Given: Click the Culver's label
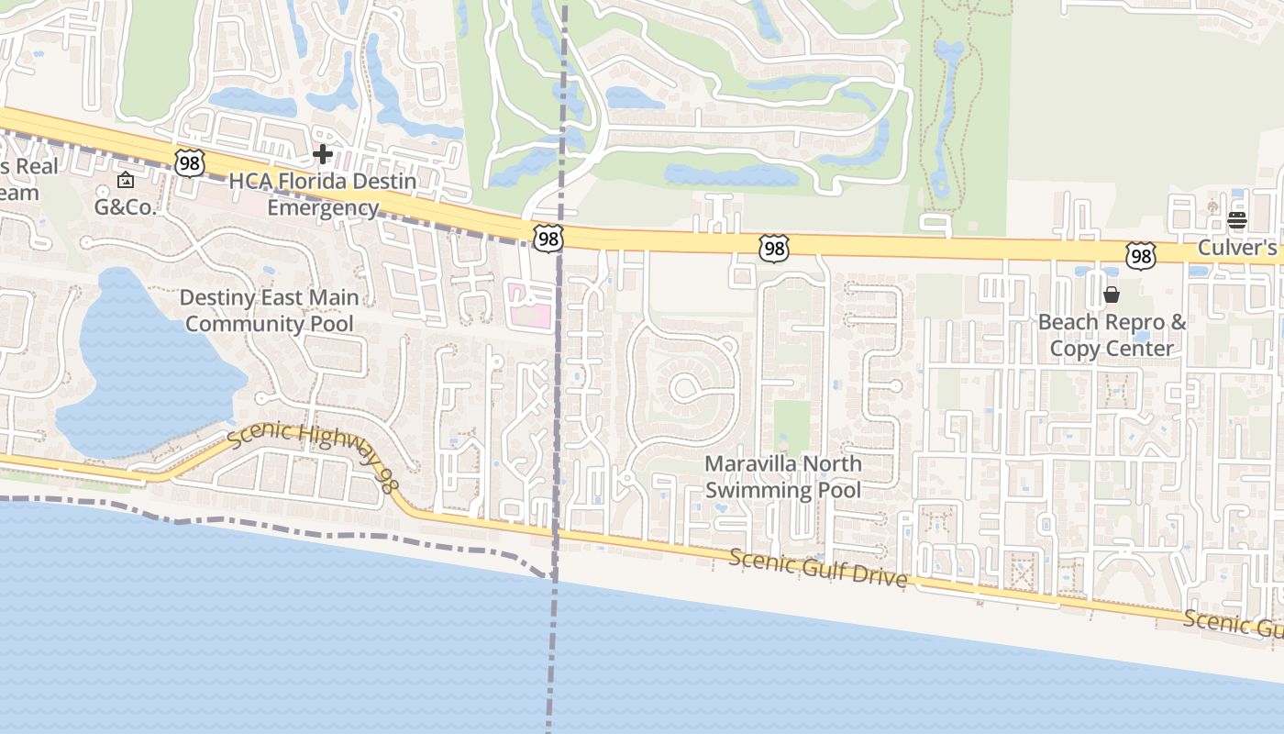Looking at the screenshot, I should [x=1237, y=248].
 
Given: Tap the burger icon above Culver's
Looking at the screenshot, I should [x=1237, y=220].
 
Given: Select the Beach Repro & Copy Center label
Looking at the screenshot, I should [x=1112, y=336].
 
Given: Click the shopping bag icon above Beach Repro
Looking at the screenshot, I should [x=1112, y=295].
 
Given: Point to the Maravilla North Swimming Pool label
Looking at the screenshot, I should [x=783, y=477].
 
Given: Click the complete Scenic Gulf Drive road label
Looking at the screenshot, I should [x=818, y=568].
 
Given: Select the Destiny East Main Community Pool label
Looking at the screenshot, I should [x=269, y=310].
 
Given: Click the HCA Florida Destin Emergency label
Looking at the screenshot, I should [x=323, y=195].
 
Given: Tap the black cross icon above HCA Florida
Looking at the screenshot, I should [x=323, y=154].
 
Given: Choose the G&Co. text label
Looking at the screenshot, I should [x=126, y=206].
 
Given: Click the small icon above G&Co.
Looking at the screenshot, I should [x=126, y=181].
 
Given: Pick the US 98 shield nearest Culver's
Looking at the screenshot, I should [x=1140, y=256].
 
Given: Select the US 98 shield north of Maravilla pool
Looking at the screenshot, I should [x=774, y=248].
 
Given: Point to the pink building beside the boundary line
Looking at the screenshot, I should [x=529, y=306].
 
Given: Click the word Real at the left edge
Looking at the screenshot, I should [x=37, y=167].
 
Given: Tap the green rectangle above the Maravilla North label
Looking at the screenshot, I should [x=792, y=426].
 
